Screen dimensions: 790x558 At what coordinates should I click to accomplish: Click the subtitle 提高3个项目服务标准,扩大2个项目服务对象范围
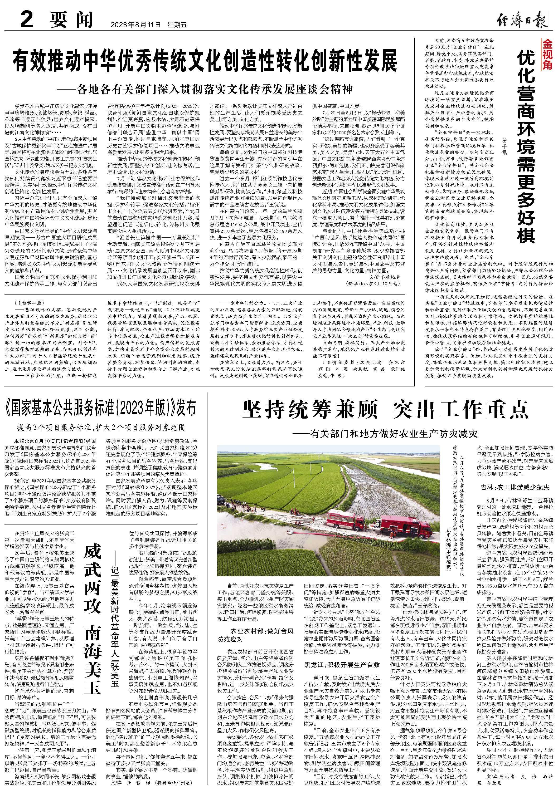tap(101, 428)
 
